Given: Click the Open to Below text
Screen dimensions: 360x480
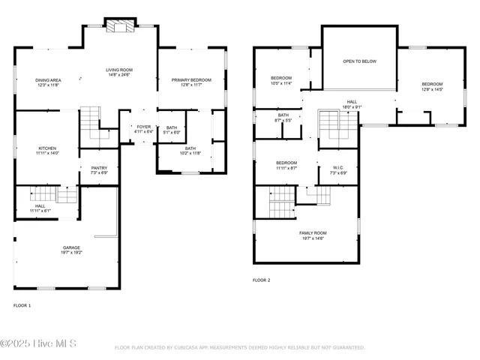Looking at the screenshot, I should (359, 61).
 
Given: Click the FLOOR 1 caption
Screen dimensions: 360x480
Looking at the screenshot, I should (22, 306).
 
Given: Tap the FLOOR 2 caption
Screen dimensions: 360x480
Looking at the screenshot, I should (261, 280).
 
